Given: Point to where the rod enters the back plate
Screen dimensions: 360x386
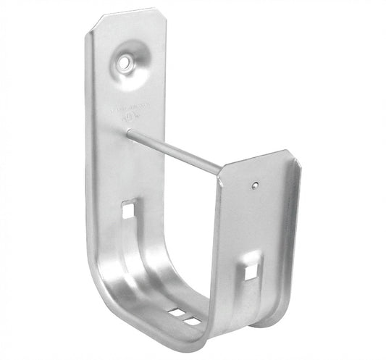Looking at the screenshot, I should coord(129,131).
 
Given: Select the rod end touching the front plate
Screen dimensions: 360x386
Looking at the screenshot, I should coord(219,172).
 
